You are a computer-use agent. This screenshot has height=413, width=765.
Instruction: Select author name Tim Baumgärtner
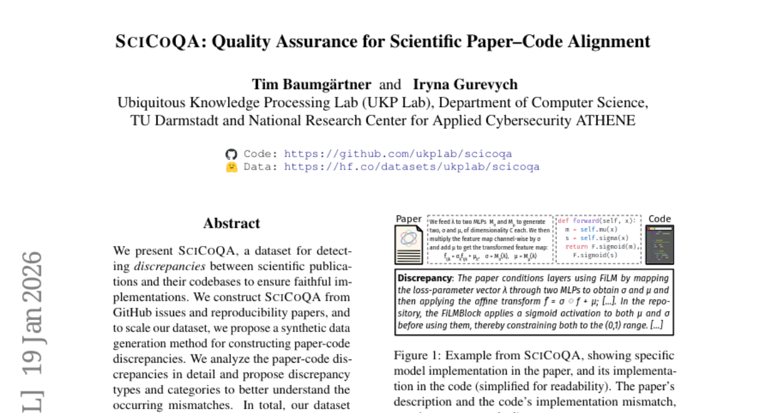[311, 84]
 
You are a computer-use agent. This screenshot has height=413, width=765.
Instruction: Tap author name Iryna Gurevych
[465, 84]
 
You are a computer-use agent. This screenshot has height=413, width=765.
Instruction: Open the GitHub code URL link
[398, 154]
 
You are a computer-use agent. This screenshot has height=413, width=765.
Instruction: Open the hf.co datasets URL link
[412, 167]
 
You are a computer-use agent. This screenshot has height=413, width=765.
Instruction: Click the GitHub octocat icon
[231, 154]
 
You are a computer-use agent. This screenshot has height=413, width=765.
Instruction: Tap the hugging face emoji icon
[231, 167]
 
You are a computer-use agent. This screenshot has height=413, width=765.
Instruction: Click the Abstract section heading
[231, 223]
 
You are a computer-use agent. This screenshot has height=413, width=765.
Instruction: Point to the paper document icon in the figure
[409, 244]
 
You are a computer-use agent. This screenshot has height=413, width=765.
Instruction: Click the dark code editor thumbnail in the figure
[659, 244]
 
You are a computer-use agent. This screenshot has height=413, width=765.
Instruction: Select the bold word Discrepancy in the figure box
[425, 279]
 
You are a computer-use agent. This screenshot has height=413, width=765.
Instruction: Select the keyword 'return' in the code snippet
[576, 246]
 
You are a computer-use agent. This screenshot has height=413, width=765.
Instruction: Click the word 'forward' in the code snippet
[585, 221]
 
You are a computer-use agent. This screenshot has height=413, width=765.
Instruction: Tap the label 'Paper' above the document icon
[409, 219]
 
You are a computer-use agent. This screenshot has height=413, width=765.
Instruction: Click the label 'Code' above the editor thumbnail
[659, 219]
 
